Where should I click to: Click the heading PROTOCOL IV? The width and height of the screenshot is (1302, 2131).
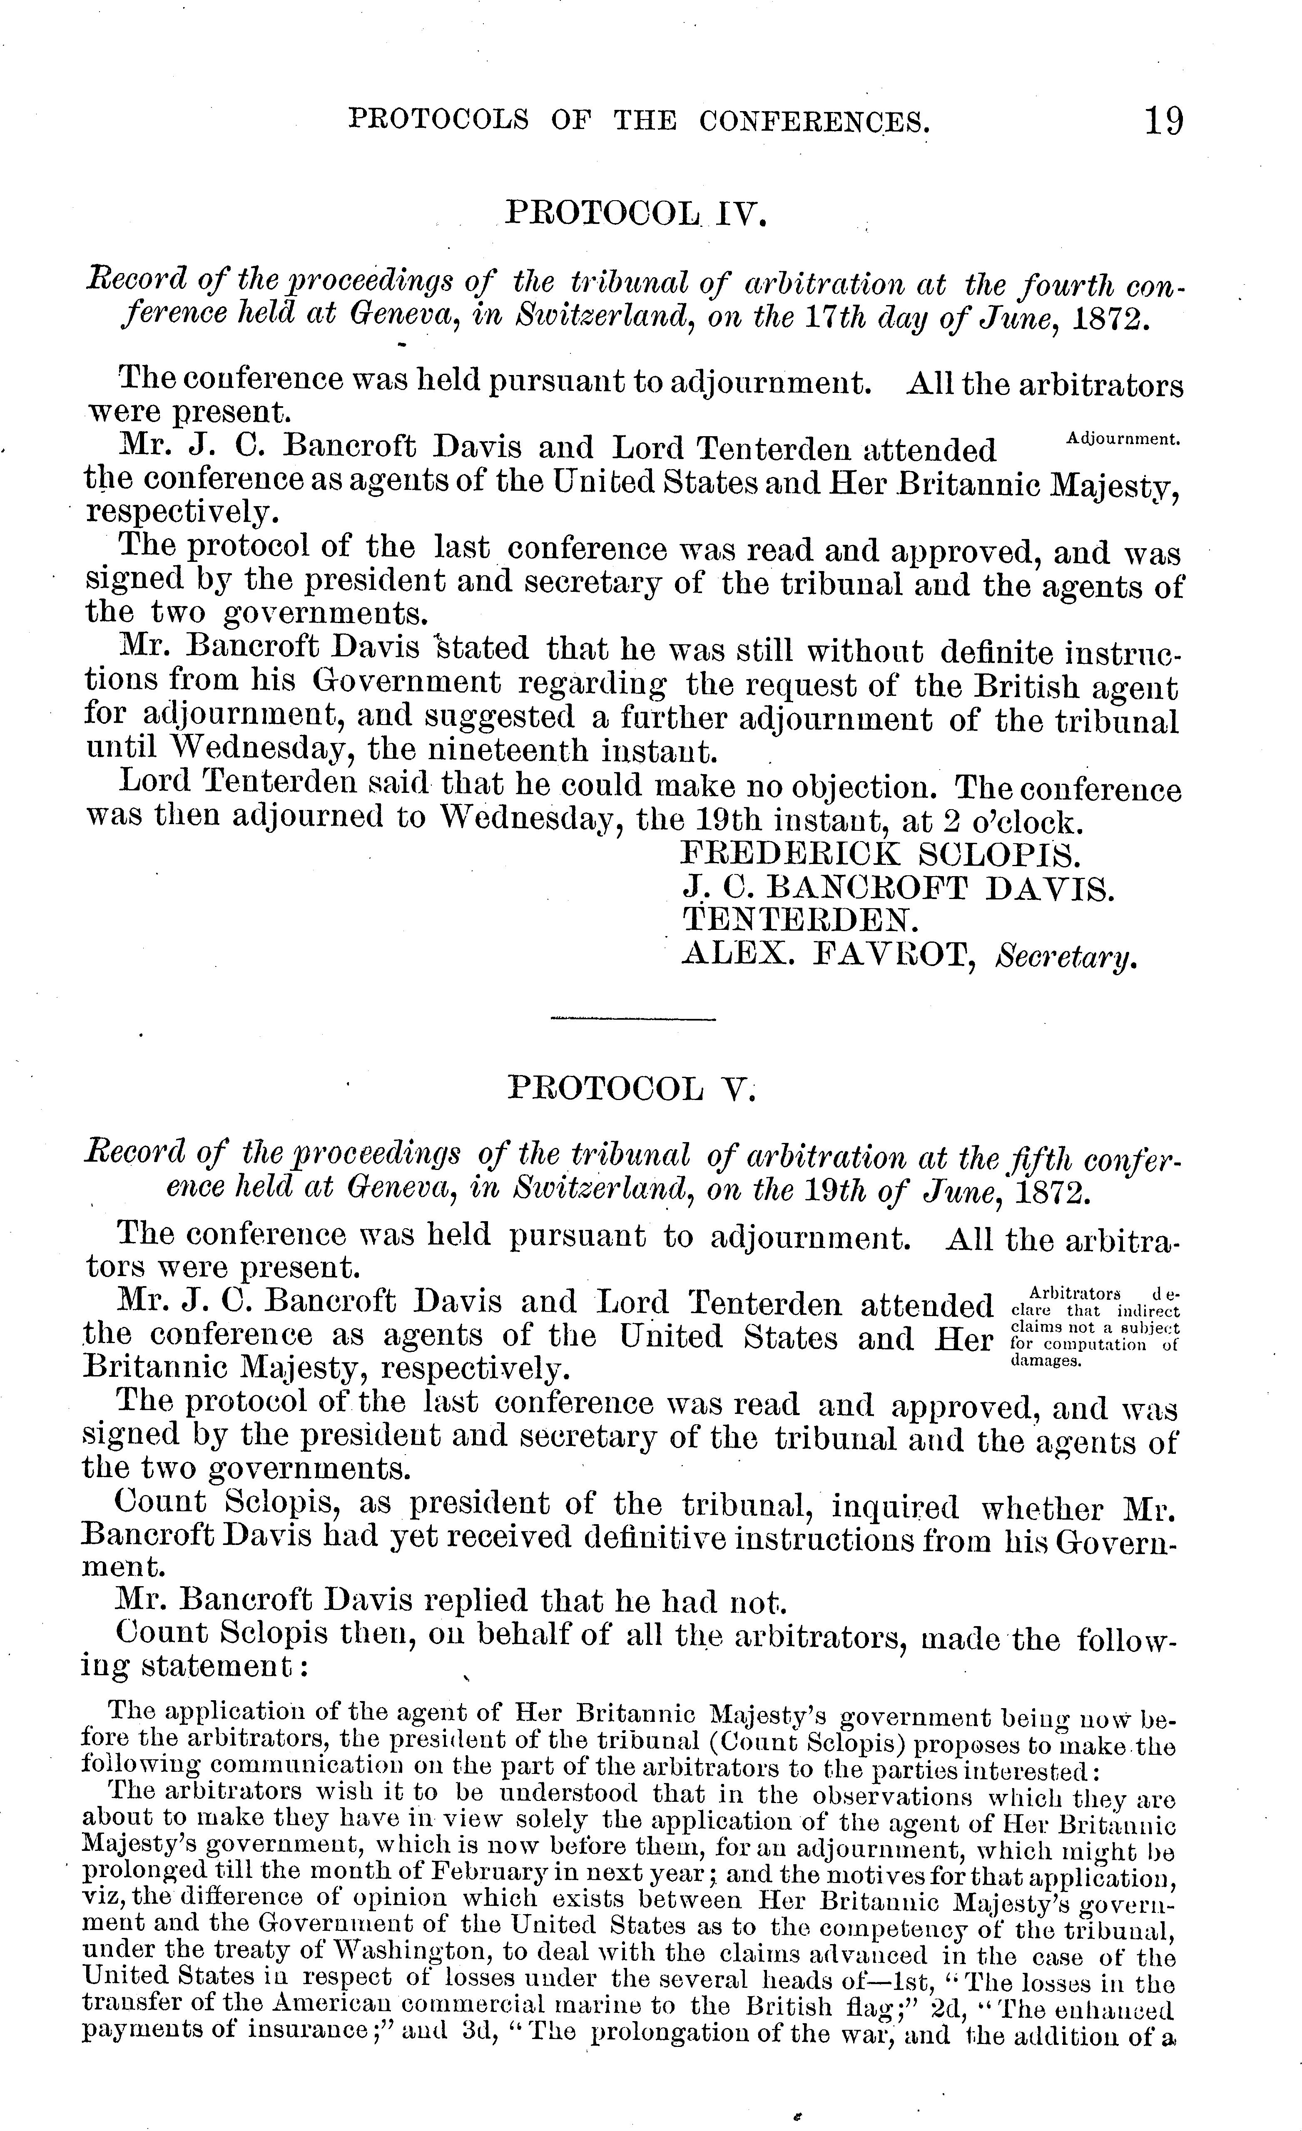[x=636, y=212]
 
